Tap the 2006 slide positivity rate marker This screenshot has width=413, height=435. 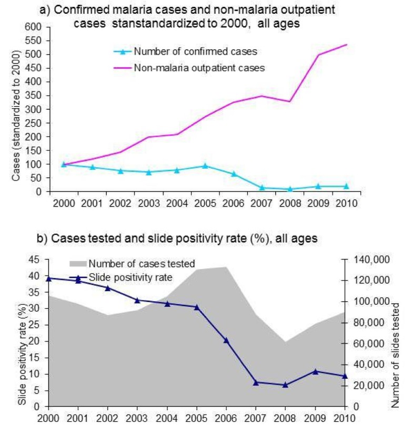[x=226, y=340]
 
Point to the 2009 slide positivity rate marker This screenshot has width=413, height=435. [x=315, y=371]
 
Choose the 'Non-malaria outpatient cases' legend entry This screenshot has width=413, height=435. [x=199, y=67]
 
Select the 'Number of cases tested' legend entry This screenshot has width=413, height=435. [x=142, y=264]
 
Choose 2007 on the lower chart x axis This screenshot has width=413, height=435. [x=256, y=419]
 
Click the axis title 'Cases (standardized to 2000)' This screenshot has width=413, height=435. [x=16, y=116]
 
